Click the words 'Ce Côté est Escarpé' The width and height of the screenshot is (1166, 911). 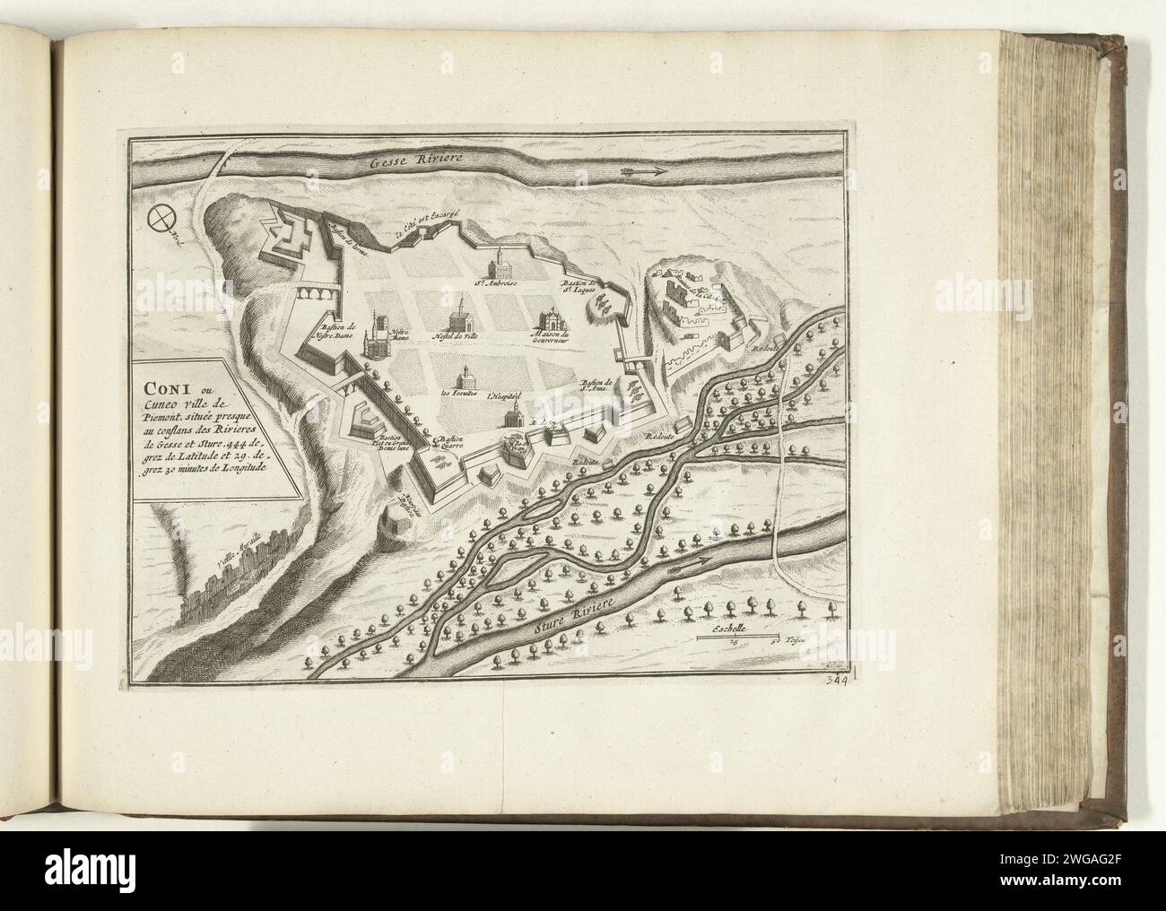pyautogui.click(x=428, y=224)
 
